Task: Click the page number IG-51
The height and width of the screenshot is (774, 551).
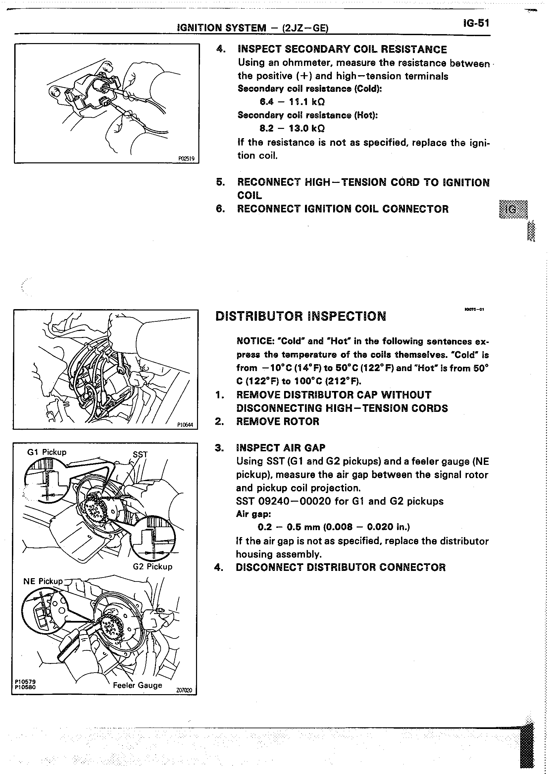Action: (x=476, y=23)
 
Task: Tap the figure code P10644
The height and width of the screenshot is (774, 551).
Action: (x=185, y=425)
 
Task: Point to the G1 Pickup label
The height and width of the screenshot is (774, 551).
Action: (x=47, y=452)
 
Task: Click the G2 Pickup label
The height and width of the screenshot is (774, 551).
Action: (x=152, y=567)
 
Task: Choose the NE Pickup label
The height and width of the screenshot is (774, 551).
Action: (x=43, y=581)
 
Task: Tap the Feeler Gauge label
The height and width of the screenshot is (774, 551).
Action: (x=137, y=685)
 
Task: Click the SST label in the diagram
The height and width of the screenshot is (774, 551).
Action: (x=140, y=454)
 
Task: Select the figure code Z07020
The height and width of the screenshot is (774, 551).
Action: (x=184, y=690)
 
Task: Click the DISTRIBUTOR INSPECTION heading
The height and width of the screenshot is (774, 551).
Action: (x=301, y=316)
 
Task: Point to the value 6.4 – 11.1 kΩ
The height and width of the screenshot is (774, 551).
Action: (x=287, y=102)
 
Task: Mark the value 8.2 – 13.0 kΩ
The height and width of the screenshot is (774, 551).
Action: (x=287, y=128)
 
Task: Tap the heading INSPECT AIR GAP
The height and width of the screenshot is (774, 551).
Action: (x=280, y=448)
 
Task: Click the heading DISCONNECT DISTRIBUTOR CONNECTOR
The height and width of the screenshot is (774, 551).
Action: (x=341, y=567)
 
